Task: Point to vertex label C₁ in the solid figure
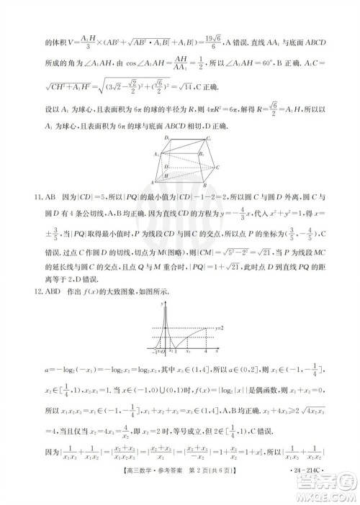click(208, 138)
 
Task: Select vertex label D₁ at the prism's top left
click(166, 137)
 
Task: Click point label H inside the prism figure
click(167, 174)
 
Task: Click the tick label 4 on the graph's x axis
click(205, 351)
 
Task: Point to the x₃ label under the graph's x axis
click(189, 351)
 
